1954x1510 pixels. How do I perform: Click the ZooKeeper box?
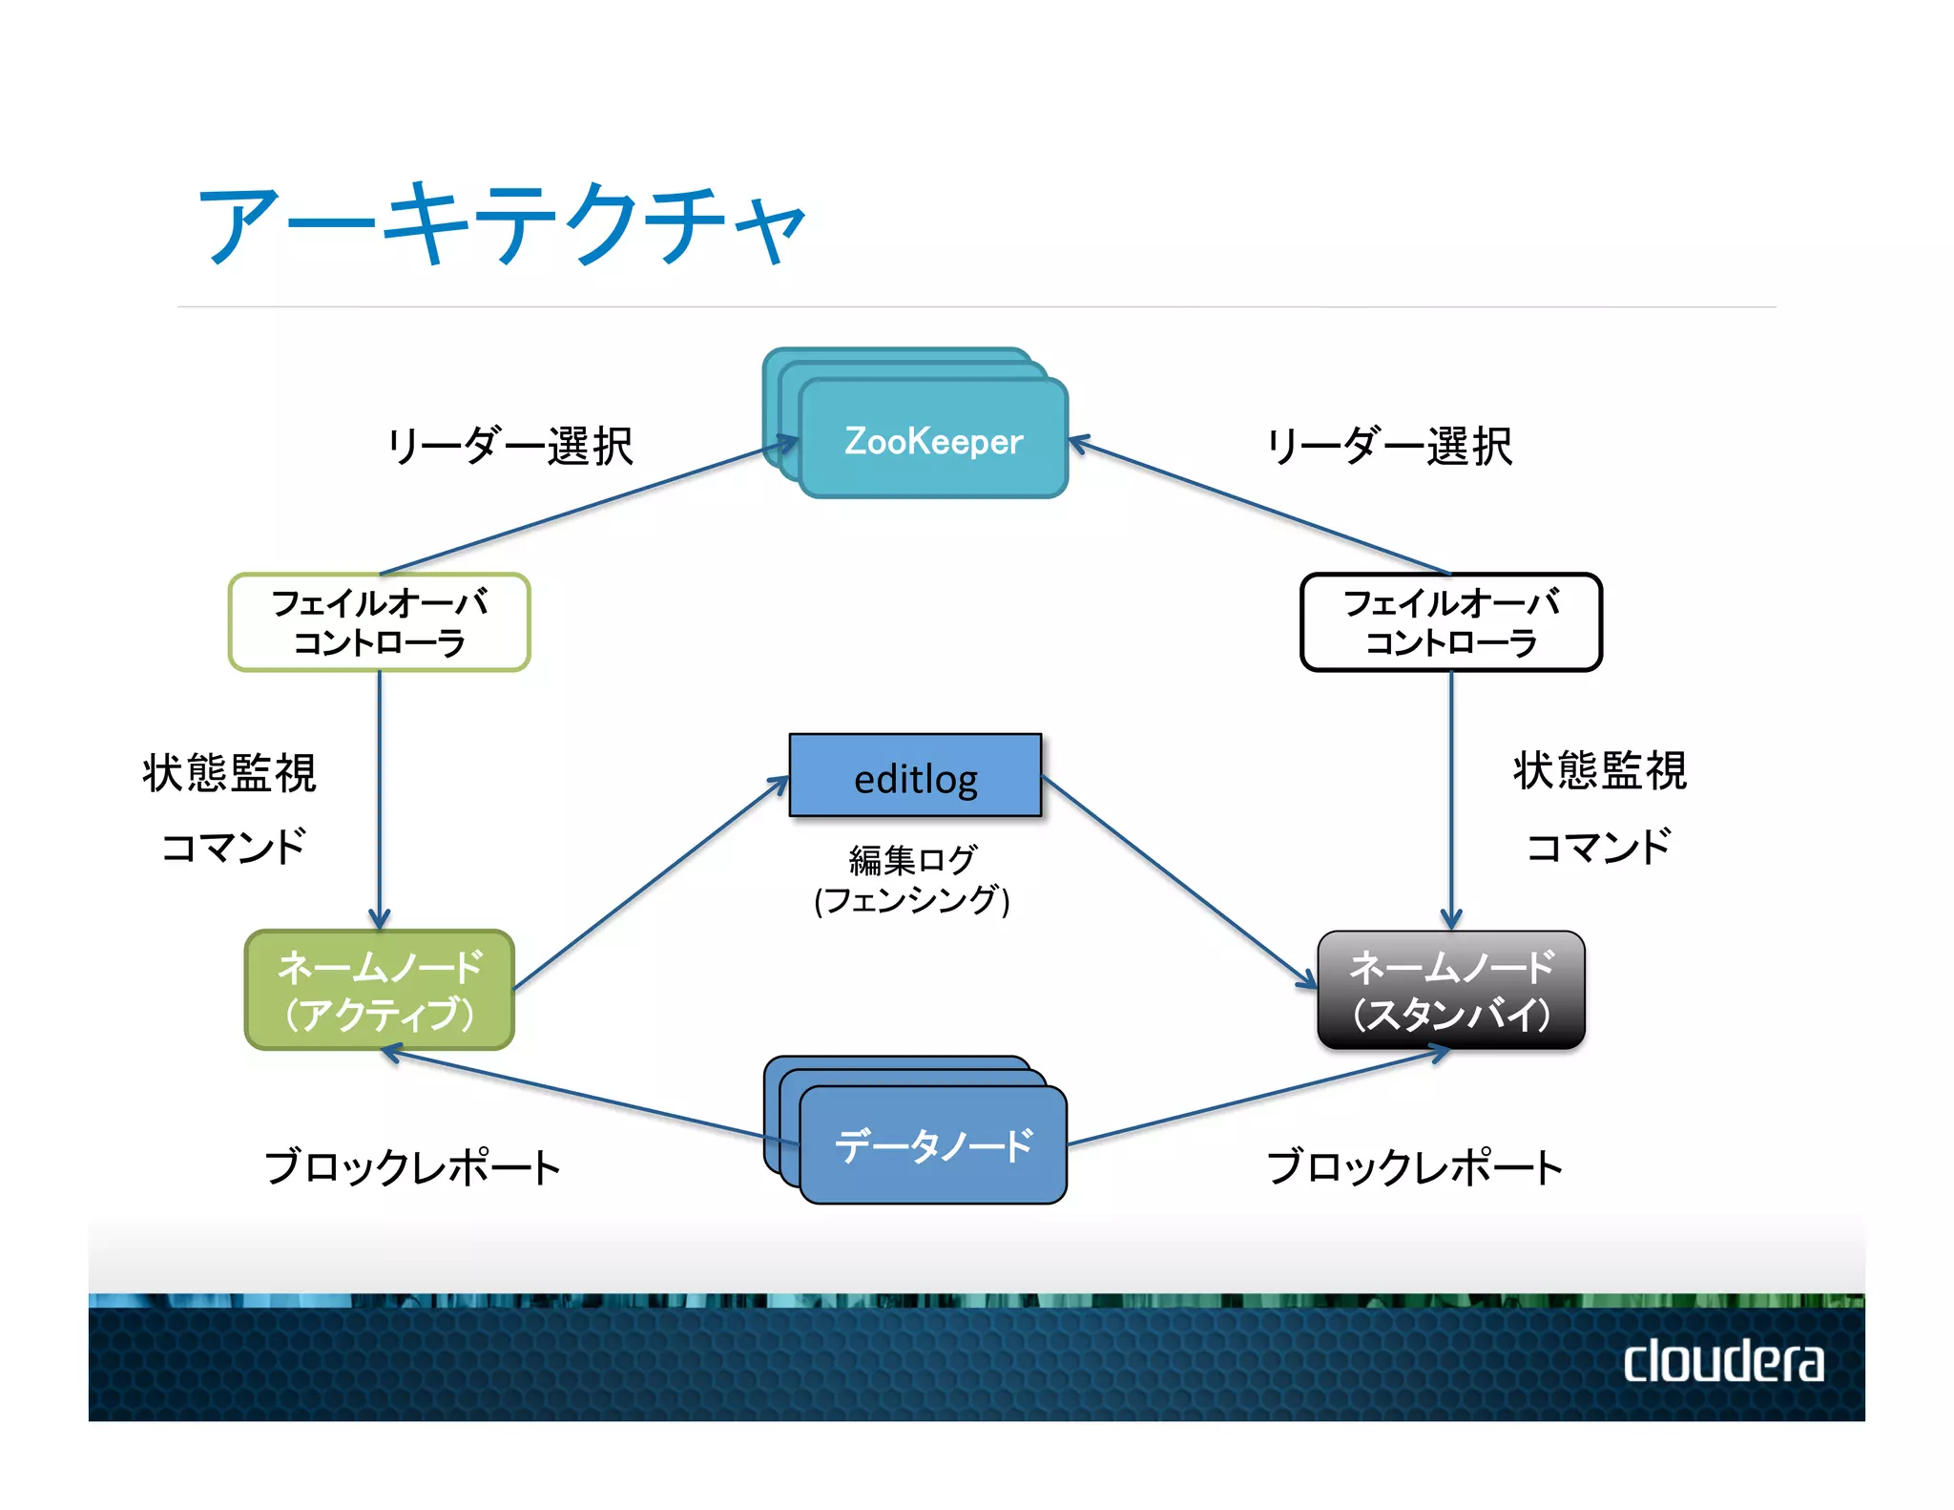coord(932,439)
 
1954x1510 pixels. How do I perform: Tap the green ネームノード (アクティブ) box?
coord(379,990)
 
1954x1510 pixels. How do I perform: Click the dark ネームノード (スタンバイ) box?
coord(1450,990)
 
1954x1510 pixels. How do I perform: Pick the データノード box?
coord(932,1144)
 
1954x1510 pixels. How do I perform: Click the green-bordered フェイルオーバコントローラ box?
coord(379,622)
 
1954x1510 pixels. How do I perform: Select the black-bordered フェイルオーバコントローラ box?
coord(1450,622)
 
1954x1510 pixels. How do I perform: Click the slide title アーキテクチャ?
coord(501,224)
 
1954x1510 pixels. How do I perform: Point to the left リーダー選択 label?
coord(509,446)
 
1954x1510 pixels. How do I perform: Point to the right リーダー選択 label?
coord(1389,446)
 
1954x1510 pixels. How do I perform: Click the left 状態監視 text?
coord(229,772)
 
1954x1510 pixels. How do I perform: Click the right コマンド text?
coord(1598,846)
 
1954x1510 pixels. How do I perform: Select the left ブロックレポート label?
coord(412,1166)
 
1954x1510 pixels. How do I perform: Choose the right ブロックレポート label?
coord(1414,1166)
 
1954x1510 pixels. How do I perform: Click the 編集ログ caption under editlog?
coord(912,859)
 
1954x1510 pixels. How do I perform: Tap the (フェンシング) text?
coord(912,900)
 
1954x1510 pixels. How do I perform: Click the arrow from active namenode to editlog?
coord(649,884)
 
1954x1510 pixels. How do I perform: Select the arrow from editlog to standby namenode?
coord(1178,882)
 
